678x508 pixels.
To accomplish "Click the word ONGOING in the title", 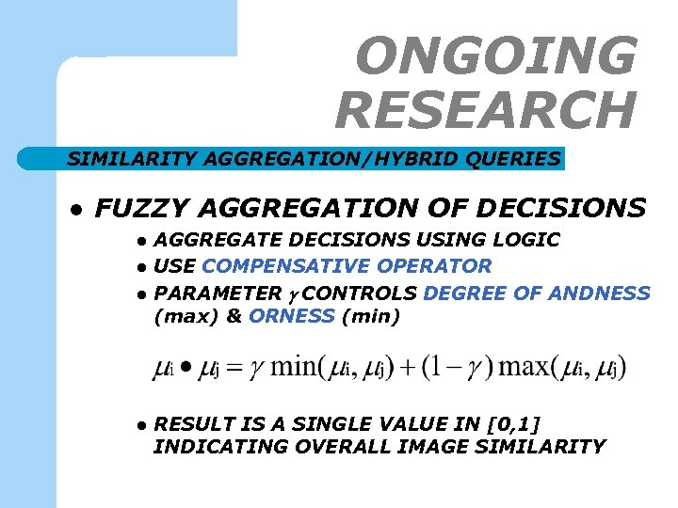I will click(496, 56).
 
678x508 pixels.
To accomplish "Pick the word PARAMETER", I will click(218, 293).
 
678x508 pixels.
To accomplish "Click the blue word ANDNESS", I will click(604, 293).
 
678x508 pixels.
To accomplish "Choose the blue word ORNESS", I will click(292, 317).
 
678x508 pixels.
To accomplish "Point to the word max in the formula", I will click(526, 368).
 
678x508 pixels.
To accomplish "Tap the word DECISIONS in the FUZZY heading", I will click(572, 207).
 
